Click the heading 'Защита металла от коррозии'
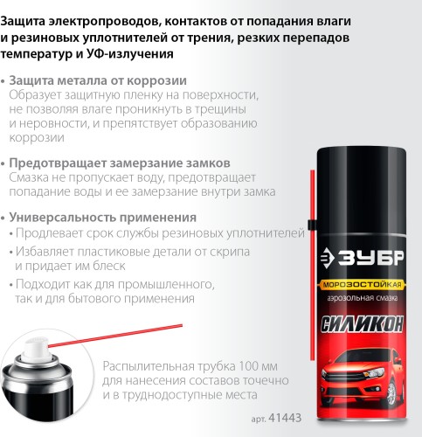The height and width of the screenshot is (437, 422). [83, 79]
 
